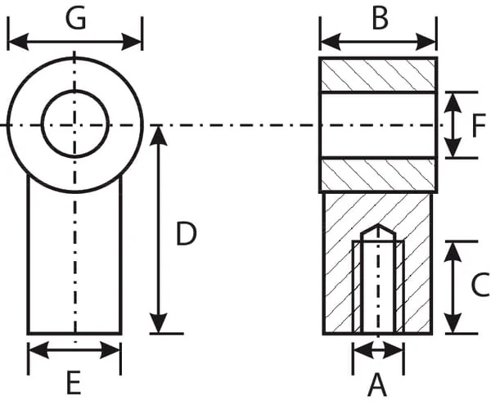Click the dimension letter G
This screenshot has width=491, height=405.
coord(75,19)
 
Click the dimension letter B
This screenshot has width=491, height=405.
coord(381,19)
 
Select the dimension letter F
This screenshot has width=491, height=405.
coord(479,126)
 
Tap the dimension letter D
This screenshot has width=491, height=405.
coord(187,233)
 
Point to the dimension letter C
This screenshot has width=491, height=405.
coord(480,284)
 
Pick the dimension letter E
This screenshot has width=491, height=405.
coord(74,382)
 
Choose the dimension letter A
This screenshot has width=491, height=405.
coord(377,385)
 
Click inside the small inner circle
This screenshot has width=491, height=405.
coord(75,124)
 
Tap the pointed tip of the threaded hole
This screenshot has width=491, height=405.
coord(378,224)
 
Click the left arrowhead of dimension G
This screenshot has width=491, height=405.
coord(17,42)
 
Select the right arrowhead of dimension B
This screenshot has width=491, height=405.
coord(426,42)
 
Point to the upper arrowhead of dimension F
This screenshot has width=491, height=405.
coord(453,103)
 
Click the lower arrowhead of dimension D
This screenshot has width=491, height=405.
coord(159,322)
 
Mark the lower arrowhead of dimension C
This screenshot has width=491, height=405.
coord(453,322)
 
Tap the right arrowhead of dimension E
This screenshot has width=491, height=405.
coord(110,350)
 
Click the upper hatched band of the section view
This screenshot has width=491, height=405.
coord(378,74)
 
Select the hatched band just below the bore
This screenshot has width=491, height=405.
coord(378,174)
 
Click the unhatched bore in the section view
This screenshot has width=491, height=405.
coord(378,125)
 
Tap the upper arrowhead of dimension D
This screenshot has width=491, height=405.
coord(159,136)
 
